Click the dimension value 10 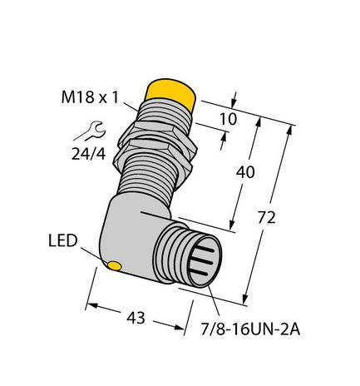(x=227, y=120)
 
